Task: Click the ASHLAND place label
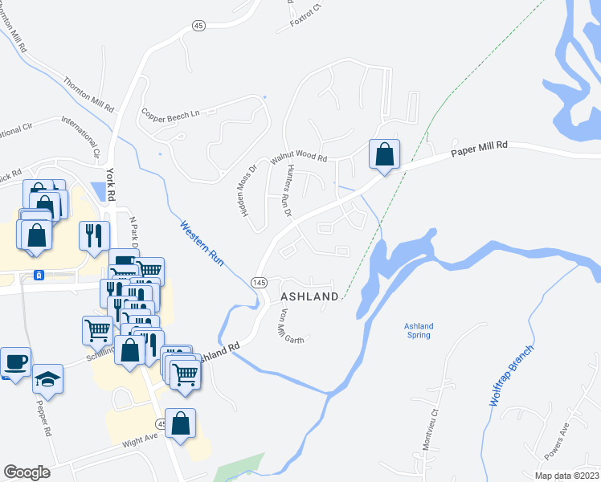(309, 297)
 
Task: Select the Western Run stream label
(202, 244)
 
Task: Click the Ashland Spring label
(418, 331)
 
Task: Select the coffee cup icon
(15, 362)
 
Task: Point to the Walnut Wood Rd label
(299, 159)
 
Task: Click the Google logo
(27, 472)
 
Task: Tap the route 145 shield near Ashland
(259, 283)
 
